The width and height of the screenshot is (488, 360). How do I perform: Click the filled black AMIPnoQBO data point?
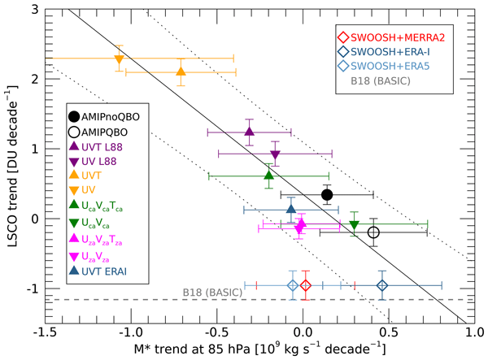pyautogui.click(x=327, y=194)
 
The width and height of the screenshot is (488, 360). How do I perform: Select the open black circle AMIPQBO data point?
pyautogui.click(x=373, y=232)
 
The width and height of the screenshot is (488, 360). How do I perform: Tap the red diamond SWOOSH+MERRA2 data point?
pyautogui.click(x=306, y=285)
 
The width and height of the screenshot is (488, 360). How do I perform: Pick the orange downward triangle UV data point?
pyautogui.click(x=119, y=59)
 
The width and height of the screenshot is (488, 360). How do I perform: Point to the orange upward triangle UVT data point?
pyautogui.click(x=181, y=72)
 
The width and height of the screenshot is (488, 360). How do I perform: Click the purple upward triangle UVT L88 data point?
pyautogui.click(x=250, y=131)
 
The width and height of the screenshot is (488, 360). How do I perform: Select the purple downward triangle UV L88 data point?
pyautogui.click(x=275, y=154)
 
